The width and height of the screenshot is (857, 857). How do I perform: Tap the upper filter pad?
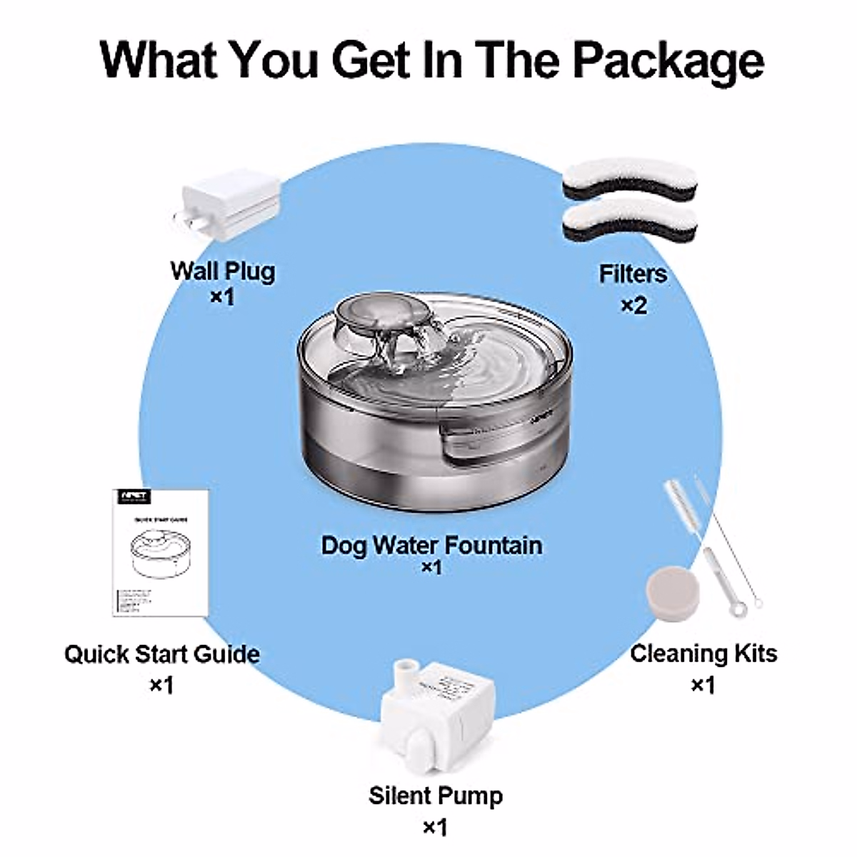[x=631, y=180]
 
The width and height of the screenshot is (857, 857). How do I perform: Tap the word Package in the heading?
[x=668, y=60]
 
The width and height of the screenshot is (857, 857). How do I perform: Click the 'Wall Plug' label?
[x=222, y=271]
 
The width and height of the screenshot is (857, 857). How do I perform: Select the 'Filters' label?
[x=633, y=274]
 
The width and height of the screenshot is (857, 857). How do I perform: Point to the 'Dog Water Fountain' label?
[x=431, y=545]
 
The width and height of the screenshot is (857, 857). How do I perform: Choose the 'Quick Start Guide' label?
[x=162, y=654]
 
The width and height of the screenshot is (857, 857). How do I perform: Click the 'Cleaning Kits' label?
[x=703, y=653]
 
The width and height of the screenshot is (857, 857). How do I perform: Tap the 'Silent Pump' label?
[x=436, y=796]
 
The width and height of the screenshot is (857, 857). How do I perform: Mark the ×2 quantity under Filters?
[x=633, y=306]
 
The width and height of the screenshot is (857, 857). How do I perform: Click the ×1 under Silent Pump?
[x=435, y=828]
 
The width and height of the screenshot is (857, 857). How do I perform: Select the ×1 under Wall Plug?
[x=222, y=296]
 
